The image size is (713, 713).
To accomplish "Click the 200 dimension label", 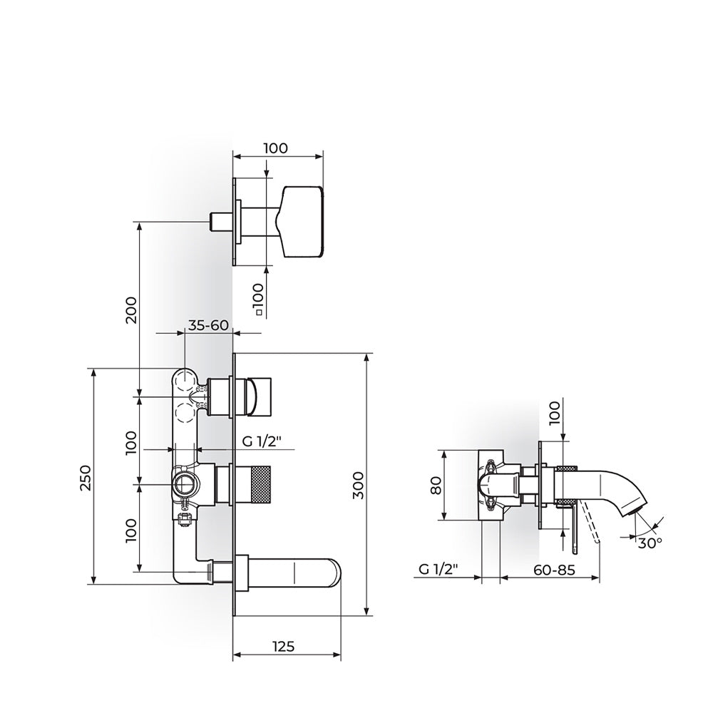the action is (x=131, y=309).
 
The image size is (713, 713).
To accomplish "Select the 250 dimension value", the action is (x=86, y=478).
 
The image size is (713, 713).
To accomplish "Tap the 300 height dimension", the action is (x=359, y=485).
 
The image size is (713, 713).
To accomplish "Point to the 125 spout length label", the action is (x=283, y=646).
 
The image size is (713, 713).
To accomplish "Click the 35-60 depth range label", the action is (x=207, y=325).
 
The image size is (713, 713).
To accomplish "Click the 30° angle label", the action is (x=649, y=543).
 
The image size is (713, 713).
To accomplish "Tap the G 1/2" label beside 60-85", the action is (x=438, y=569).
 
